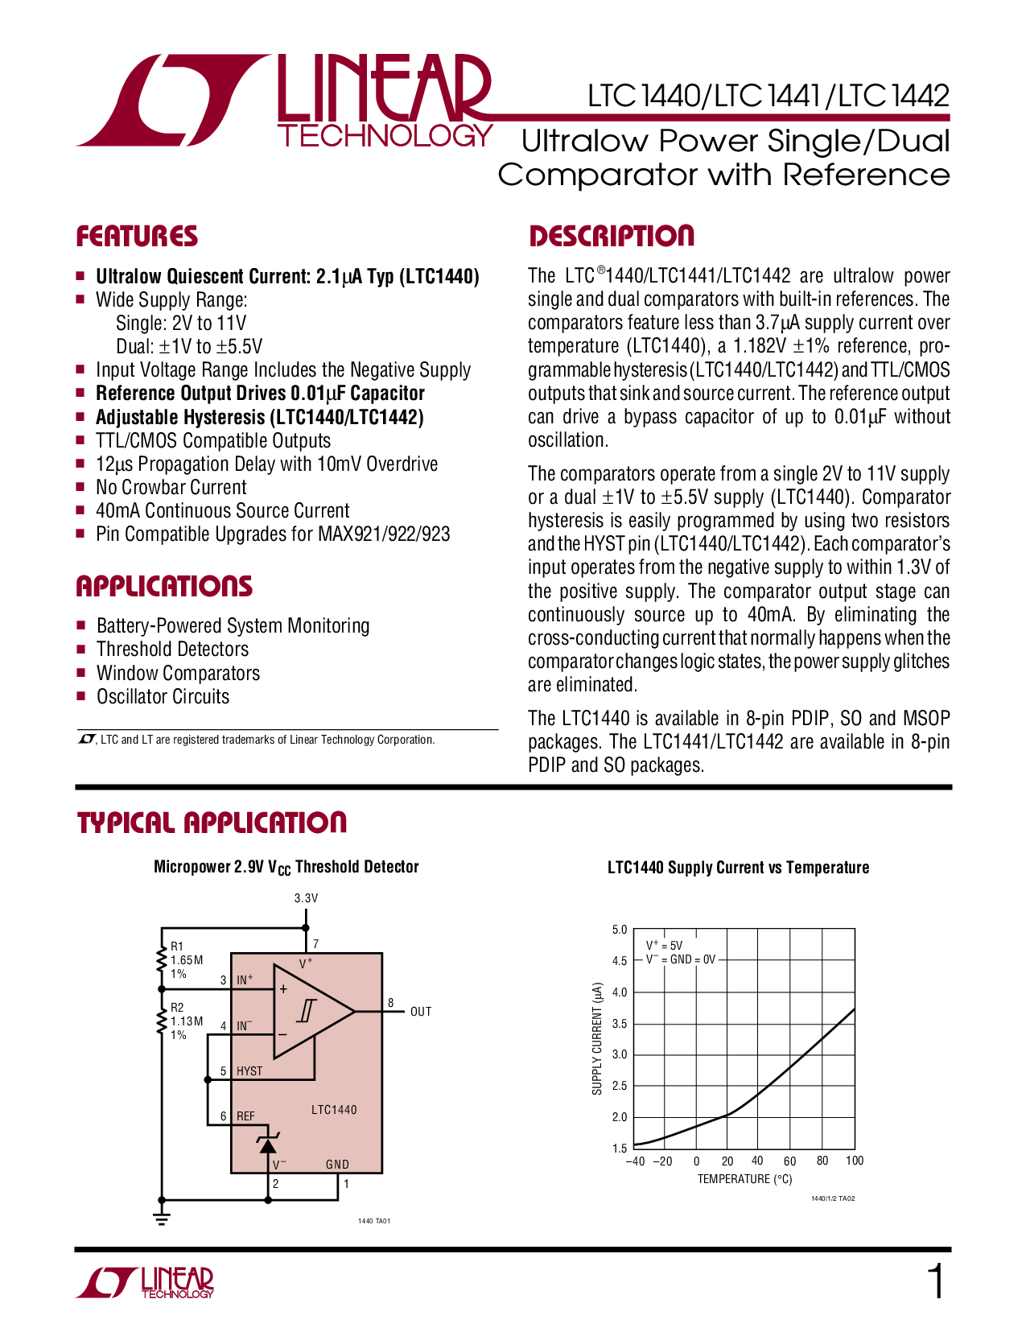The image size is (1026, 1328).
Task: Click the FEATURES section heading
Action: (x=137, y=236)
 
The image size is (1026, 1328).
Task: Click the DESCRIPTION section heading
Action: (x=611, y=236)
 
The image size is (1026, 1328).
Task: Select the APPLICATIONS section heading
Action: (x=164, y=586)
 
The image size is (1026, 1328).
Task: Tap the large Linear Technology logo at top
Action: (x=284, y=101)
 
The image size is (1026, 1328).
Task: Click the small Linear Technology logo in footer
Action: (x=145, y=1282)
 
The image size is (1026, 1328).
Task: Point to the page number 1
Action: (x=936, y=1281)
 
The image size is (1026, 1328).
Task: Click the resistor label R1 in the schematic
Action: (x=176, y=946)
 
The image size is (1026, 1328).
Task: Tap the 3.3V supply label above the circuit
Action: (x=306, y=897)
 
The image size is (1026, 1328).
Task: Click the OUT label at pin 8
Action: (x=421, y=1012)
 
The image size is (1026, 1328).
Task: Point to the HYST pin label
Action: (x=249, y=1071)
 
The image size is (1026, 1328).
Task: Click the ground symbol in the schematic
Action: (x=161, y=1219)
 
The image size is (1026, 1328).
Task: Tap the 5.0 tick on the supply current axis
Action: (x=620, y=930)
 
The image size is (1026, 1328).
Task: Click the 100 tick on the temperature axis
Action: (x=855, y=1161)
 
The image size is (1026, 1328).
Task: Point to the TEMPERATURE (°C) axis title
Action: (x=744, y=1179)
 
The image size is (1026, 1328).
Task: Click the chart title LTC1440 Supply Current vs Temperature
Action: (x=738, y=867)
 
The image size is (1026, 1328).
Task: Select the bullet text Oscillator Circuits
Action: (x=163, y=697)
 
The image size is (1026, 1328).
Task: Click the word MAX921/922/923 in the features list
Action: (x=384, y=534)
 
